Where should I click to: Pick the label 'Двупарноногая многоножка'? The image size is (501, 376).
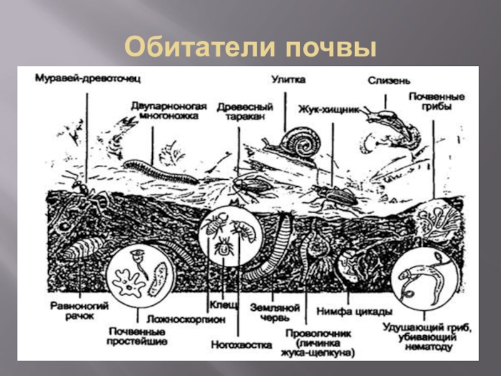click(x=165, y=110)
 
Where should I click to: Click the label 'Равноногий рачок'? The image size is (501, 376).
click(x=80, y=310)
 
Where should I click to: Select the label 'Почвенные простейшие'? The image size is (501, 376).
click(x=137, y=337)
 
